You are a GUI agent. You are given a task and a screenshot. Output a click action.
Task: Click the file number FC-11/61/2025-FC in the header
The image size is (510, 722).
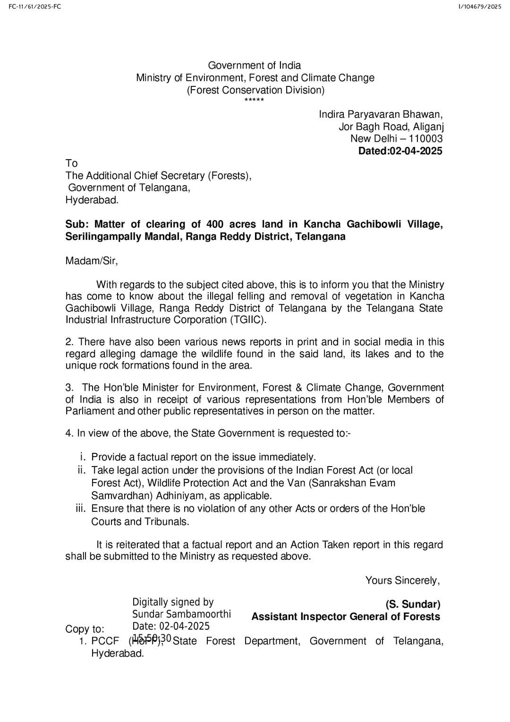coord(34,6)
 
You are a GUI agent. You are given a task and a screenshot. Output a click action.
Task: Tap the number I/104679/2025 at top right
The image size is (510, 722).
coord(479,6)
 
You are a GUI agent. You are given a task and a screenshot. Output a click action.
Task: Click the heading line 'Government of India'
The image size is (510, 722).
coord(255,66)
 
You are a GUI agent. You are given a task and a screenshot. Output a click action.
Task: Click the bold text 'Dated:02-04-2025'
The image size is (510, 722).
coord(400,151)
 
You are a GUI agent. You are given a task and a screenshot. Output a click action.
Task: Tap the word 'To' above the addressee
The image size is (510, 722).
coord(71,163)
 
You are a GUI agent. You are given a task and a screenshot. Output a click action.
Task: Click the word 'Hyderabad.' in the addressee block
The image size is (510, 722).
coord(92,200)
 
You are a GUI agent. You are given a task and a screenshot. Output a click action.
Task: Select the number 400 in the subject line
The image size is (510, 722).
coord(214,224)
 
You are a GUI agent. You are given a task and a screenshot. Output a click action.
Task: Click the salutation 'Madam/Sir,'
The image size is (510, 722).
coord(92,261)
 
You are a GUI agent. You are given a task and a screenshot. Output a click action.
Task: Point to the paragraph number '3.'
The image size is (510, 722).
coord(69,388)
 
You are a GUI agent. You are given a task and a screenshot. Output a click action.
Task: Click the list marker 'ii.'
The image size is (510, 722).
coord(82,470)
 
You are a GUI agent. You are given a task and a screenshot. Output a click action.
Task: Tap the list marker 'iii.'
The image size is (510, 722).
coord(81,509)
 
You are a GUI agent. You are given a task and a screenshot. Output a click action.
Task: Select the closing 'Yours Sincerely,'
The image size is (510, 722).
coord(402,580)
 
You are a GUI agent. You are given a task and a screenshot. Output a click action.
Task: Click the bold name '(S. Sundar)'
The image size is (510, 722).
coord(413,604)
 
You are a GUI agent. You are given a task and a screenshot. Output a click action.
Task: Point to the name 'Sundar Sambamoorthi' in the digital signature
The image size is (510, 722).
coord(181,614)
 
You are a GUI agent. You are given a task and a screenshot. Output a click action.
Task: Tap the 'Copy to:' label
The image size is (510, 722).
coord(85,629)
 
